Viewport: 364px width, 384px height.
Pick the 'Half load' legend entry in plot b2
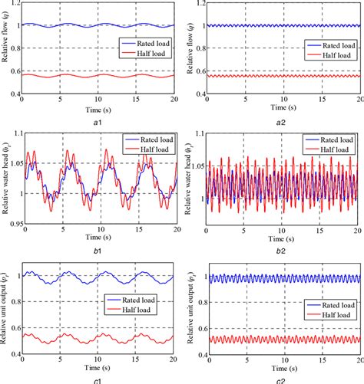(337, 148)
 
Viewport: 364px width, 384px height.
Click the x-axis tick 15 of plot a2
(322, 100)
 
